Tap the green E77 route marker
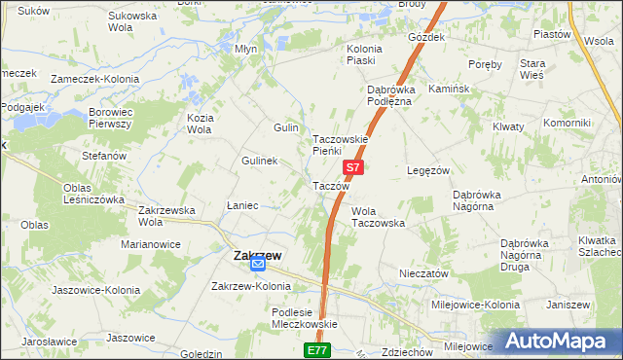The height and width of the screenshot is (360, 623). pos(317,350)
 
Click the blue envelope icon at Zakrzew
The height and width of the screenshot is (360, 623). pos(258,264)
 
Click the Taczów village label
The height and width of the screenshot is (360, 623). pos(331,186)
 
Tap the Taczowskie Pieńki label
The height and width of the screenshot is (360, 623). pos(340,145)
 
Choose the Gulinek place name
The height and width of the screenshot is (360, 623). pos(260,161)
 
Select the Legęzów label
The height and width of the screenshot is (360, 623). pos(427,170)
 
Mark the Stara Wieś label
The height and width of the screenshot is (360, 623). pos(559,69)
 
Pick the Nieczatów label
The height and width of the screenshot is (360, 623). pos(422,274)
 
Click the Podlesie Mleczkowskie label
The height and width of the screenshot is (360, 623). pos(304,318)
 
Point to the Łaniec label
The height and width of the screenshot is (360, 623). pos(242,205)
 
